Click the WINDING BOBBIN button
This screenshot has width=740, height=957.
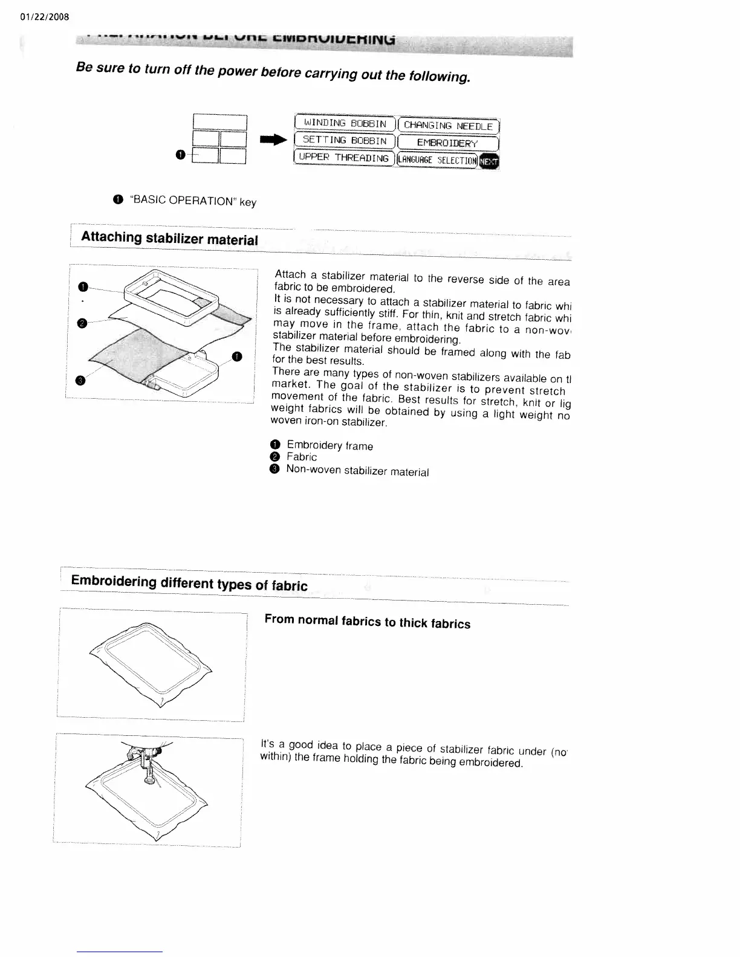point(344,124)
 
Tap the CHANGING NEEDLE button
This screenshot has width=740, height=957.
point(448,126)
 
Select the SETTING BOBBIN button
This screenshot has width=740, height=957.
point(344,141)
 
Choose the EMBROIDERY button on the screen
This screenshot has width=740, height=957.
point(447,143)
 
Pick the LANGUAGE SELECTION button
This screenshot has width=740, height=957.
point(436,160)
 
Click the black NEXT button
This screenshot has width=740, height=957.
point(489,161)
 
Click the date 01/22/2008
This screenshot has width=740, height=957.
point(45,16)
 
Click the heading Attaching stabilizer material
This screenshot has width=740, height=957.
point(169,238)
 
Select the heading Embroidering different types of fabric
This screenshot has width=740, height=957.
point(189,583)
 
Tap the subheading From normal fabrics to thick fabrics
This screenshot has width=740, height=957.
point(367,622)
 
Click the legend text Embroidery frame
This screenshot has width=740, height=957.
point(329,446)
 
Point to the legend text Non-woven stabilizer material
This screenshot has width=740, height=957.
point(357,471)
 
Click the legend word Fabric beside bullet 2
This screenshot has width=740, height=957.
point(302,457)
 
